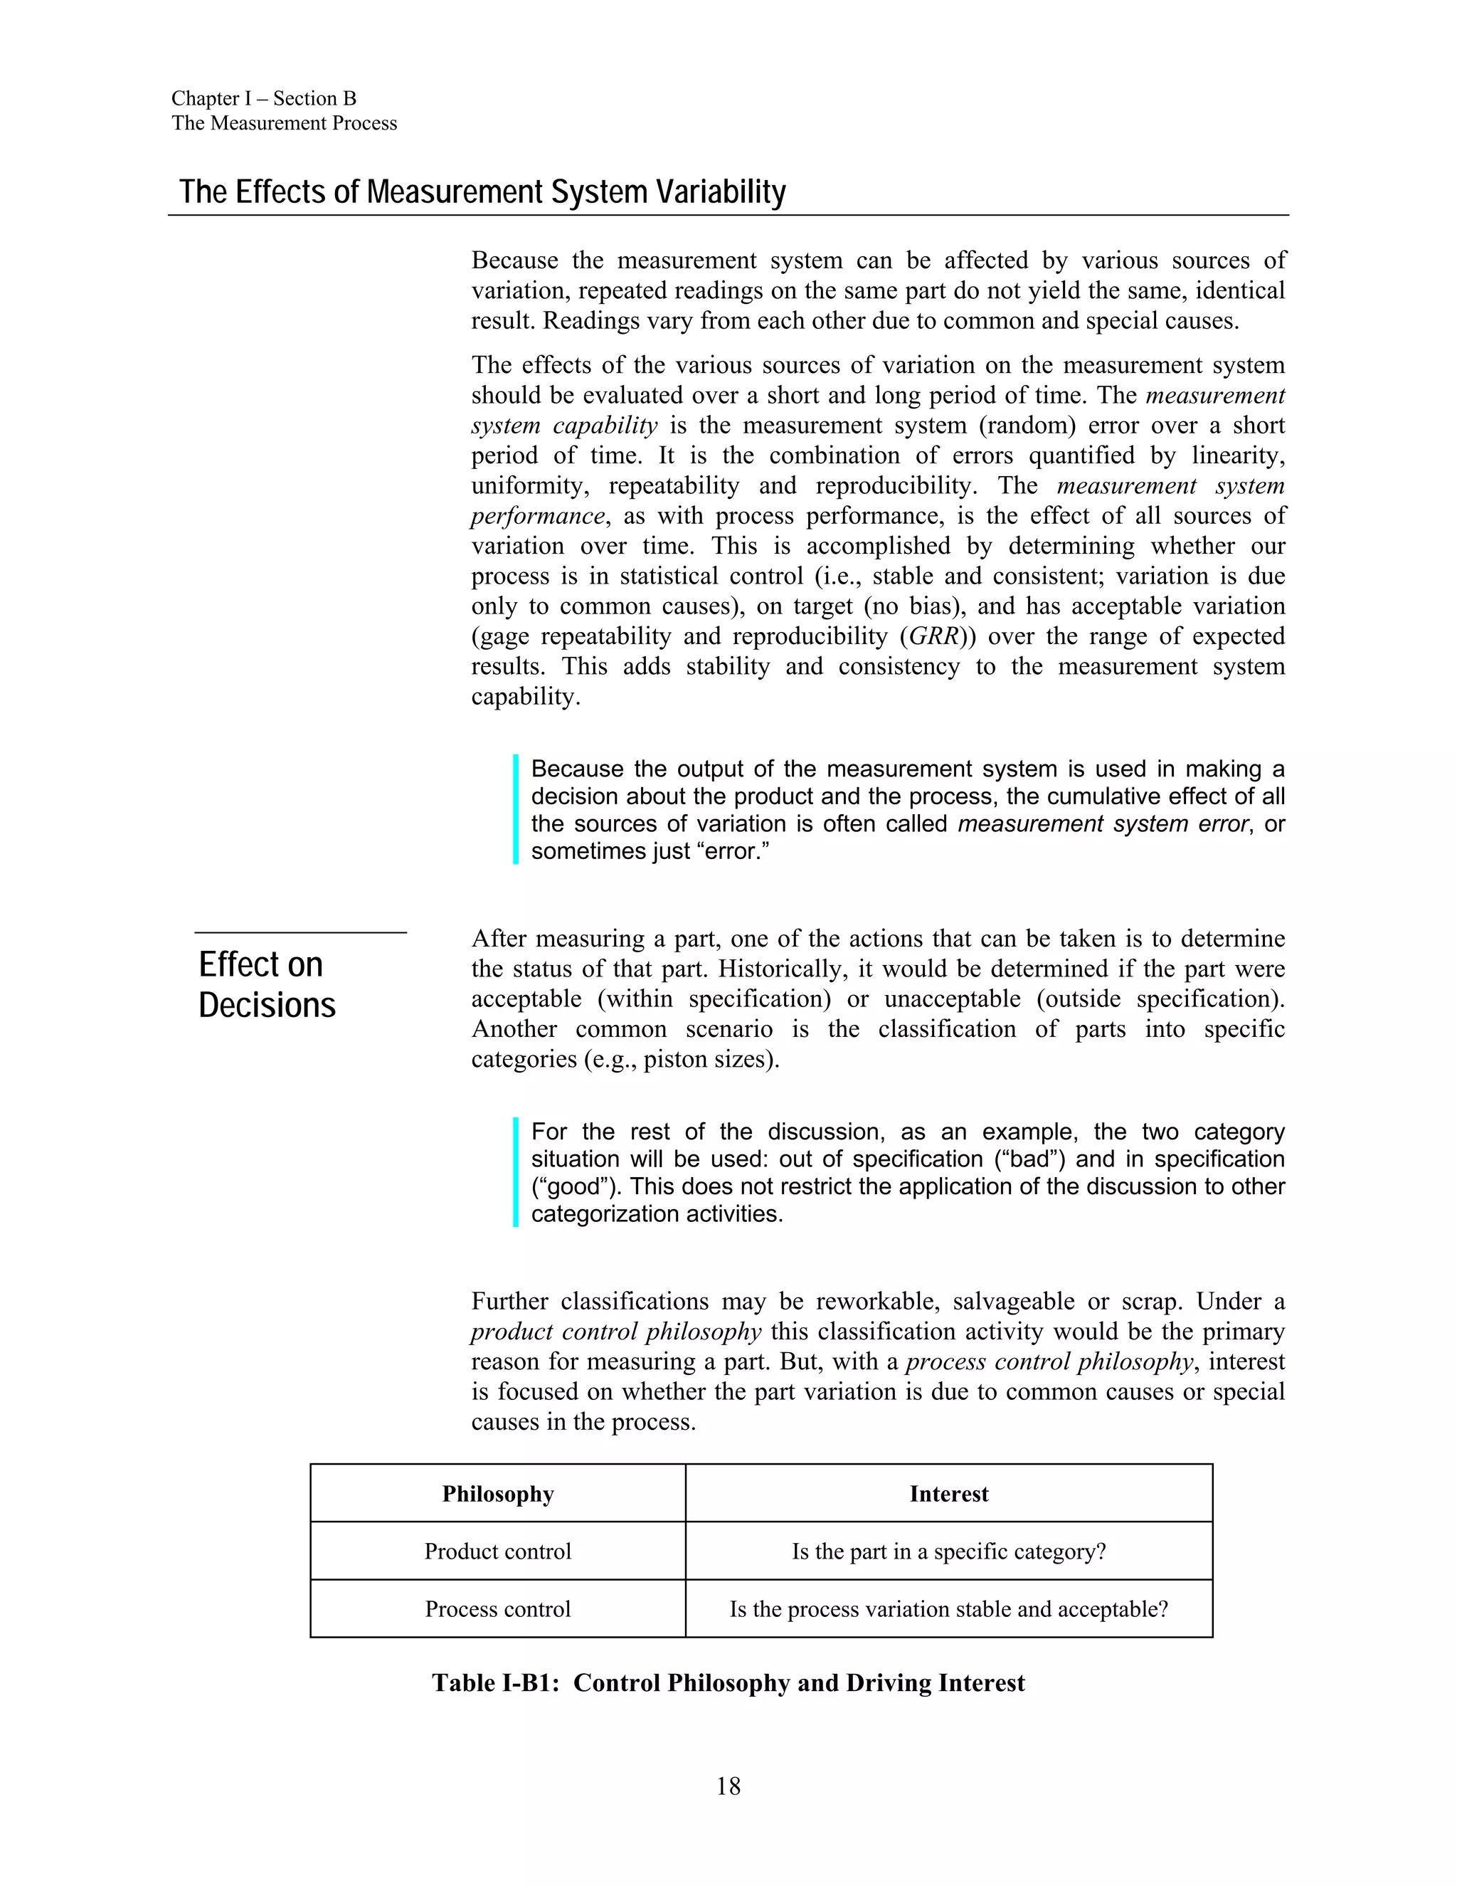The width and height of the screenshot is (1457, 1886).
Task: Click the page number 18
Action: click(x=728, y=1786)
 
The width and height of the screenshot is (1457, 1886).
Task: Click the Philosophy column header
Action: click(x=497, y=1493)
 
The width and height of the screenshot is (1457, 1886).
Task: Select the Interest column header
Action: click(x=948, y=1493)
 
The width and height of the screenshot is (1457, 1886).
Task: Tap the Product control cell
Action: click(x=497, y=1551)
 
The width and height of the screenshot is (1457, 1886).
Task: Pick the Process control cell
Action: click(x=497, y=1609)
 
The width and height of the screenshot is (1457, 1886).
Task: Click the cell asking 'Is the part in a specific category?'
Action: click(x=948, y=1551)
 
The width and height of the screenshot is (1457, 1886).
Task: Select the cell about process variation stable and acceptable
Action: click(x=948, y=1609)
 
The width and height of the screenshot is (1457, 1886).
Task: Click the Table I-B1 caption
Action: click(x=728, y=1682)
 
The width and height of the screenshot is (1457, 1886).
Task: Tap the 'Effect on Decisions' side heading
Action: click(x=267, y=984)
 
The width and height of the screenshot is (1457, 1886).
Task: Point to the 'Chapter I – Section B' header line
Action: click(x=263, y=98)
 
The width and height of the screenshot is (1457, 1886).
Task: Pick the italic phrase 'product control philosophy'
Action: click(x=616, y=1331)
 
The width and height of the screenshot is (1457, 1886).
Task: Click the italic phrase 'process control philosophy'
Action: click(x=1049, y=1361)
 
